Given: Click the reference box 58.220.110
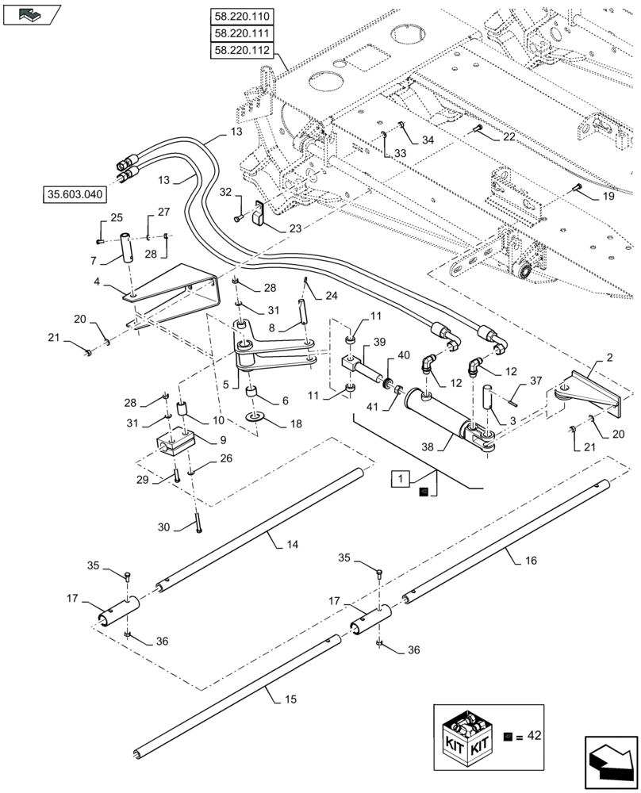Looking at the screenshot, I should [x=241, y=16].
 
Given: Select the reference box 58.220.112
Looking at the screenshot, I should [x=241, y=51].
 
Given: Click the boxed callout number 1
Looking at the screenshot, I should [x=401, y=478].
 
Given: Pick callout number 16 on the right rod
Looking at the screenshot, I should [x=530, y=559].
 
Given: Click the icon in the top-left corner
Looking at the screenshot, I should [x=31, y=13].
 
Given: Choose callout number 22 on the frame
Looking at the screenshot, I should [x=507, y=136].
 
